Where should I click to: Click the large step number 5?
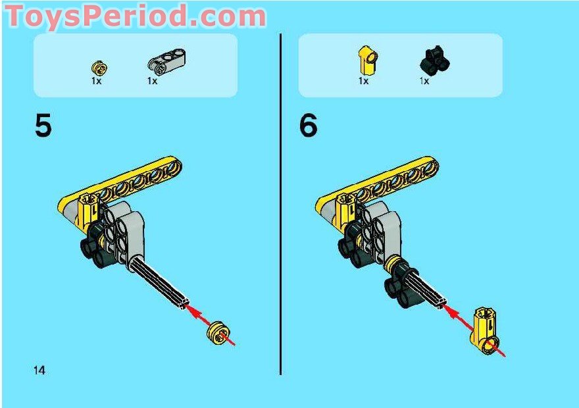pyautogui.click(x=43, y=126)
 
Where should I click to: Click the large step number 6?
pyautogui.click(x=308, y=126)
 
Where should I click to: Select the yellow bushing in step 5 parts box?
pyautogui.click(x=99, y=67)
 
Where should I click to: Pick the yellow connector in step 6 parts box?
pyautogui.click(x=366, y=61)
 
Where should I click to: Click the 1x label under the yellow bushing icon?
pyautogui.click(x=97, y=81)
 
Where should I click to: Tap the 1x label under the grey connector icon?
pyautogui.click(x=152, y=81)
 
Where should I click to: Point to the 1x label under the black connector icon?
pyautogui.click(x=424, y=81)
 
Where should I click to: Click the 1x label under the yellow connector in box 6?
pyautogui.click(x=363, y=81)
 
